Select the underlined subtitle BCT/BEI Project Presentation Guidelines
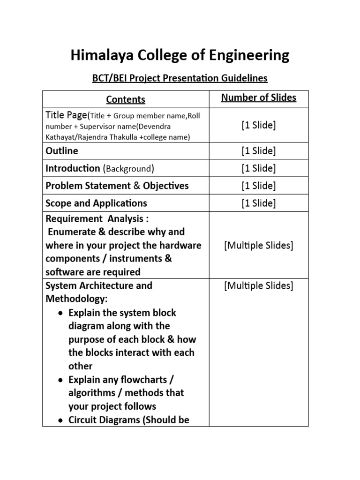(180, 78)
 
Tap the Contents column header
(126, 99)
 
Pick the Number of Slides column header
(259, 98)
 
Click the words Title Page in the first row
(66, 115)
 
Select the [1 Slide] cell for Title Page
(259, 125)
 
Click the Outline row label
(62, 151)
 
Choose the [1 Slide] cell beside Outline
(259, 151)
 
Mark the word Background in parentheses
(128, 169)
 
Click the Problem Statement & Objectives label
(117, 186)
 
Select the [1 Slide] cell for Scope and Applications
(259, 203)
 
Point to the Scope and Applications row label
(96, 203)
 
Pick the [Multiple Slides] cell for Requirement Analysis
(259, 246)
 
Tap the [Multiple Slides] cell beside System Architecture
(259, 285)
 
